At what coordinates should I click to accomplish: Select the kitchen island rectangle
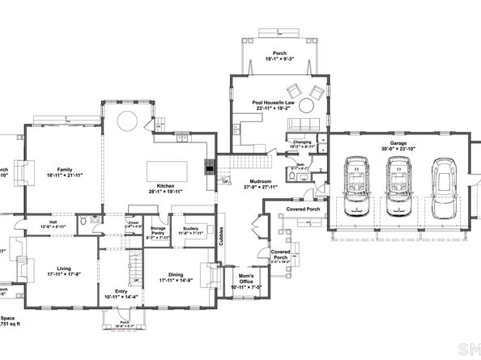click(167, 172)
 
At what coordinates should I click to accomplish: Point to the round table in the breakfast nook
click(129, 122)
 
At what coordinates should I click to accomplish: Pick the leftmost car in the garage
click(357, 187)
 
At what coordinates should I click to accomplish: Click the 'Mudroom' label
click(261, 181)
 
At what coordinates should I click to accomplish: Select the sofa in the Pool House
click(303, 124)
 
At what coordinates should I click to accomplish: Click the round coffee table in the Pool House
click(308, 106)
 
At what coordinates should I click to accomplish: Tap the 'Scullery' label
click(190, 228)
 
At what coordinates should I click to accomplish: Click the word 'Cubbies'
click(222, 235)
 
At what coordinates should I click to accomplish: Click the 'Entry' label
click(121, 291)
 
